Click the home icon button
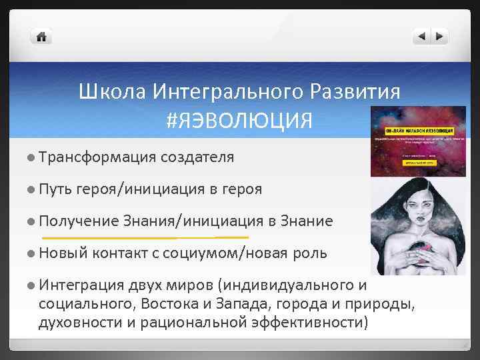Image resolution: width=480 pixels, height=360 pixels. (x=41, y=37)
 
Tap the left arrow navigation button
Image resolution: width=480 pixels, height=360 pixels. (x=421, y=37)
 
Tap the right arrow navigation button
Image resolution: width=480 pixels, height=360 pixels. (x=439, y=37)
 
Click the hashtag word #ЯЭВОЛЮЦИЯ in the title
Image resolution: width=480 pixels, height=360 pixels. (x=239, y=121)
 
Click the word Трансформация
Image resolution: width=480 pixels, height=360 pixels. (x=97, y=157)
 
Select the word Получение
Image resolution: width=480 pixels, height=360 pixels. (x=79, y=221)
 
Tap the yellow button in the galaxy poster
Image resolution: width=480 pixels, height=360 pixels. (x=418, y=161)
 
